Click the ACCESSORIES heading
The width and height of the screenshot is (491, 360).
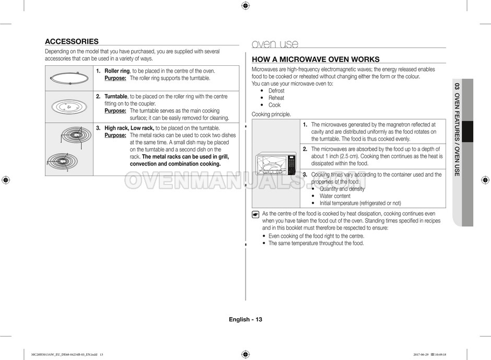click(x=72, y=41)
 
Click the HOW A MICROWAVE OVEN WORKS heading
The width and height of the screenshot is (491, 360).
click(x=315, y=60)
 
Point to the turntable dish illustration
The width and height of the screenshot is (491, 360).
click(x=69, y=107)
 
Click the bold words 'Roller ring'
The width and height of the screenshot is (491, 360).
click(x=117, y=71)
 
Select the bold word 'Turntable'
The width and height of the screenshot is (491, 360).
click(x=116, y=97)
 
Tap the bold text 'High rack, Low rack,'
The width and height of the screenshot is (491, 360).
click(x=129, y=128)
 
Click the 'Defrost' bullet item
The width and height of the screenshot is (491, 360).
click(x=276, y=91)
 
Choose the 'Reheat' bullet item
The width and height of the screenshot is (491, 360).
click(x=276, y=98)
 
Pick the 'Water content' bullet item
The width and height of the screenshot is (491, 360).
click(x=335, y=196)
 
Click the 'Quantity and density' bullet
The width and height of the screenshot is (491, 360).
click(x=342, y=189)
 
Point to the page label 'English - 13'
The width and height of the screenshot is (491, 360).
click(x=245, y=319)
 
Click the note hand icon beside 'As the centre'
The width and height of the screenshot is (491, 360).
click(x=255, y=214)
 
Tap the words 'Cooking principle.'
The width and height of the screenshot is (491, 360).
click(x=271, y=114)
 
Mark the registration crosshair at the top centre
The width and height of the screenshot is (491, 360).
click(x=245, y=6)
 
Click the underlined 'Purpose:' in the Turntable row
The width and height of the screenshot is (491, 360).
click(x=115, y=111)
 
